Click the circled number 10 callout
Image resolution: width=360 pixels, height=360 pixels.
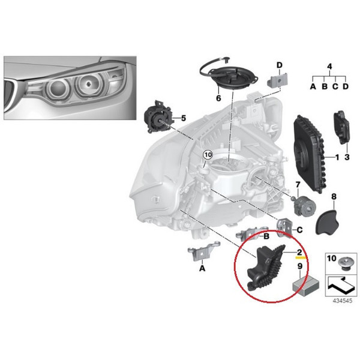208,155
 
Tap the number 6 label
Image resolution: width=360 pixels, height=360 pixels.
218,98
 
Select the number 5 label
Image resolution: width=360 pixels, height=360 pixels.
183,118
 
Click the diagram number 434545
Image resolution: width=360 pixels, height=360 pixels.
343,301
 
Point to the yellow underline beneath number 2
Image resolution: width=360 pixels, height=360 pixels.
301,257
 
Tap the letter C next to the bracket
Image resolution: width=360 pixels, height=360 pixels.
299,230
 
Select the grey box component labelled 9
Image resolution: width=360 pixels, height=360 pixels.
305,286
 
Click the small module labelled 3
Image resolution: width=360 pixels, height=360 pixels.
341,127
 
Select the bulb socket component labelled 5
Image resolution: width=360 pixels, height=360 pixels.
158,118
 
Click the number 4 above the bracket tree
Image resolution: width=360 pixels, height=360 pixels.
329,67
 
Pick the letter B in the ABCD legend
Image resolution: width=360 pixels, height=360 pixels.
325,86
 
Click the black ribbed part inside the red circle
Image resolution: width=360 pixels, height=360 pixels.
266,268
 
